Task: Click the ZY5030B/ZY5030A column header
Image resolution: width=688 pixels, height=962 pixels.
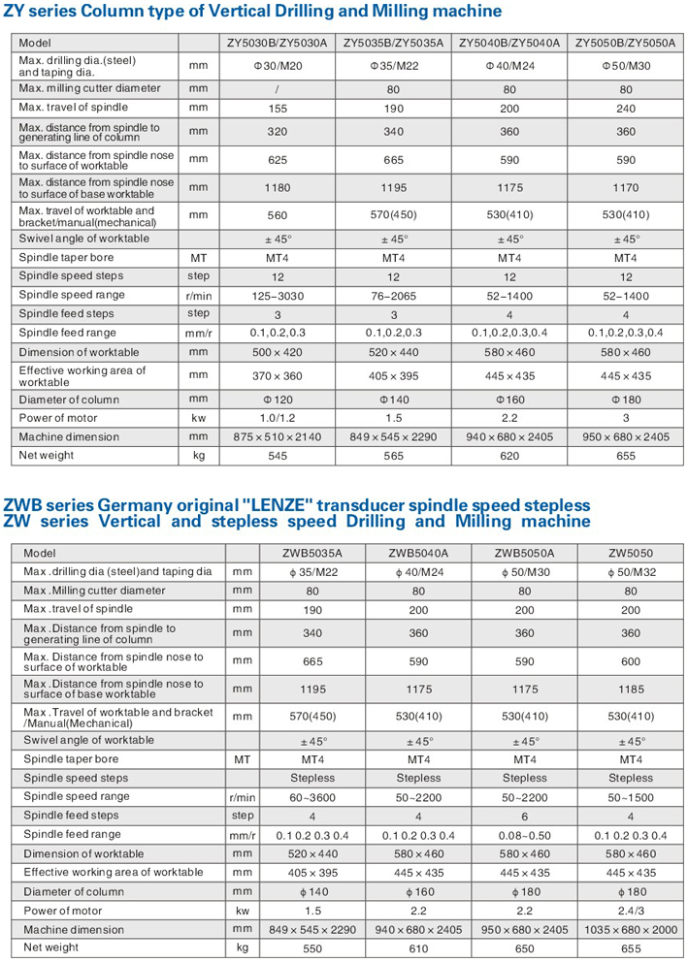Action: (277, 44)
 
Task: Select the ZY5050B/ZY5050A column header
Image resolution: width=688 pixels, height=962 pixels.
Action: (625, 44)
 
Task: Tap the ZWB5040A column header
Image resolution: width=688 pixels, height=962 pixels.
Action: (418, 554)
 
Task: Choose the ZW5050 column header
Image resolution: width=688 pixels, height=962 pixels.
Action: (631, 554)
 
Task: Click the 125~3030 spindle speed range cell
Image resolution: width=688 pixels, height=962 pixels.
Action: (277, 295)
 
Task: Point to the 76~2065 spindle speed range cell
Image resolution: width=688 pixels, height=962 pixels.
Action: (394, 295)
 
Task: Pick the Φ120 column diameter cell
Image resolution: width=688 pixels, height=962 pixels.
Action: (277, 399)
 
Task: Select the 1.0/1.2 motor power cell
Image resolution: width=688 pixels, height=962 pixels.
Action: (277, 418)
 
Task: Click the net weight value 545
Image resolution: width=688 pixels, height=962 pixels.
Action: (277, 455)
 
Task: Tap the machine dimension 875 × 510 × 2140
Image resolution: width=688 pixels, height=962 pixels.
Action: (277, 436)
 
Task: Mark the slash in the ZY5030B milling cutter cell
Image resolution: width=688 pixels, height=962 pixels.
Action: (277, 88)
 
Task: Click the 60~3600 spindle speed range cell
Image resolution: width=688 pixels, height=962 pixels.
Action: (311, 796)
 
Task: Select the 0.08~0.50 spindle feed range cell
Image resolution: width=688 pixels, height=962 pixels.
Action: (525, 834)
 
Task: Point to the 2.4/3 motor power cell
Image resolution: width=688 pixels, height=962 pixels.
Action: (631, 911)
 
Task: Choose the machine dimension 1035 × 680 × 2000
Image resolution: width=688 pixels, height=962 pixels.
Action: (631, 929)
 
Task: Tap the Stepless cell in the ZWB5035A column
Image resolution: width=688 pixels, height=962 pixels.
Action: (311, 778)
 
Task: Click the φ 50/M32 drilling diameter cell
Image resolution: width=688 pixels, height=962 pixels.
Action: (631, 572)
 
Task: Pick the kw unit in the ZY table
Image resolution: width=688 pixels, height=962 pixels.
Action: (198, 418)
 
